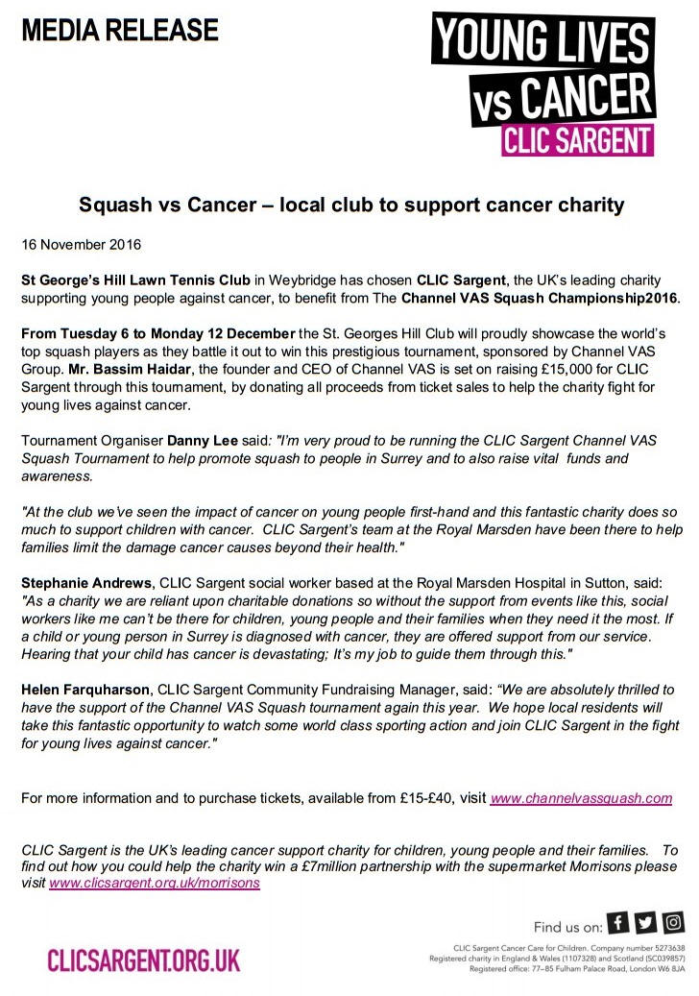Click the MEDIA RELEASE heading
coord(121,31)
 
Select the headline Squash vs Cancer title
coord(350,206)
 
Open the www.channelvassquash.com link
coord(581,798)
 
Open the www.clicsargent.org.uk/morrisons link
coord(155,883)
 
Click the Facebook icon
coord(619,924)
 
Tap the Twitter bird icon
coord(646,924)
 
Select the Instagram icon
coord(674,924)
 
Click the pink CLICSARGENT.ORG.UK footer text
coord(144,960)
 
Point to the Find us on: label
coord(567,926)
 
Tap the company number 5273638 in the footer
coord(663,948)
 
